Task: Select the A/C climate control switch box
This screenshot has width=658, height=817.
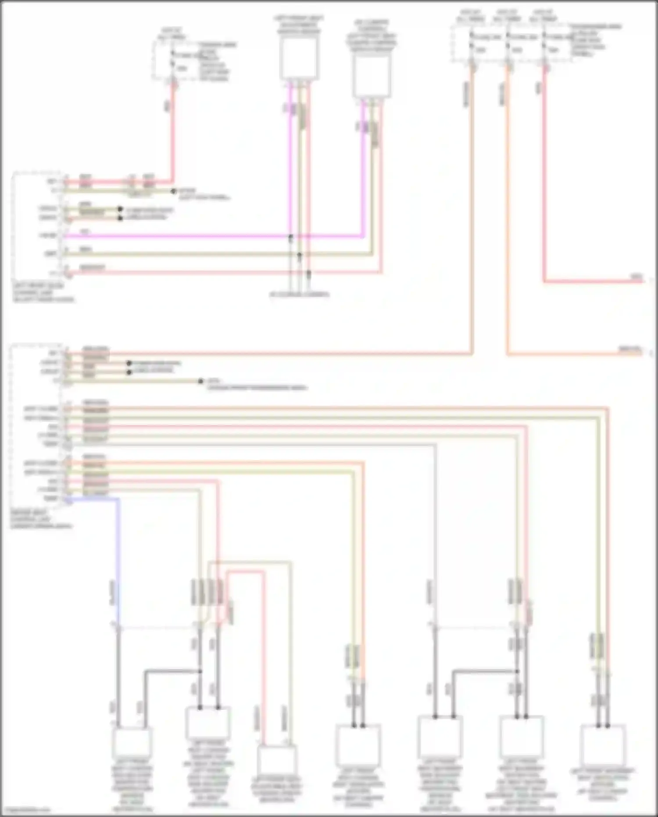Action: (x=372, y=76)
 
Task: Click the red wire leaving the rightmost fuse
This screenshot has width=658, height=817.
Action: (x=544, y=176)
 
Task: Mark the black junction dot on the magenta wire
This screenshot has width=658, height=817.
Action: (x=290, y=237)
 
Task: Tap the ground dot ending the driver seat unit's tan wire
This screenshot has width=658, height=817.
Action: (x=200, y=382)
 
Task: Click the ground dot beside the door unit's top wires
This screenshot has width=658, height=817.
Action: (x=174, y=191)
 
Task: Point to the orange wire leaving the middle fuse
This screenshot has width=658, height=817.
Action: (x=508, y=220)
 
